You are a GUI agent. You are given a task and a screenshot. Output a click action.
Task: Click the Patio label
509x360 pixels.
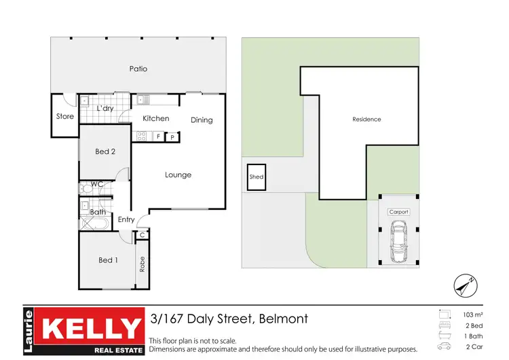pyautogui.click(x=138, y=69)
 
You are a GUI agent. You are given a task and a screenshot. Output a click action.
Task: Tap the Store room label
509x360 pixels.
pyautogui.click(x=64, y=116)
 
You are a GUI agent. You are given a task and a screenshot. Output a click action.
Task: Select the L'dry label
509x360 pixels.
pyautogui.click(x=105, y=109)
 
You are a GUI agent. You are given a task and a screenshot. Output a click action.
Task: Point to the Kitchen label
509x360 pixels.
pyautogui.click(x=155, y=118)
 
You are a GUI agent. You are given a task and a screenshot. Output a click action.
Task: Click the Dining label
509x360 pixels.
pyautogui.click(x=202, y=120)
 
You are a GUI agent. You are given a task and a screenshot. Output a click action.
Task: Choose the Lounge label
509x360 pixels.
pyautogui.click(x=178, y=175)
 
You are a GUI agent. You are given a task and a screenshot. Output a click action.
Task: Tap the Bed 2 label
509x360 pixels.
pyautogui.click(x=105, y=151)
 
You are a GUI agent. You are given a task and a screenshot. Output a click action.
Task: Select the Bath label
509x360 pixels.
pyautogui.click(x=97, y=212)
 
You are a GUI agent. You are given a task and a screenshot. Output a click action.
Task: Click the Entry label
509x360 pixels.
pyautogui.click(x=126, y=219)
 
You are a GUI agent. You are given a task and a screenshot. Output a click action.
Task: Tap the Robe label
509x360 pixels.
pyautogui.click(x=142, y=264)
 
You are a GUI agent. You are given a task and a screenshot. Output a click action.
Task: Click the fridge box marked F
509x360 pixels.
pyautogui.click(x=158, y=137)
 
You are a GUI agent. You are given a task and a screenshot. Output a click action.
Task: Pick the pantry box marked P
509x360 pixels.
pyautogui.click(x=172, y=137)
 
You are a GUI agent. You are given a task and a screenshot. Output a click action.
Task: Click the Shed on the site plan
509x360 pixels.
pyautogui.click(x=257, y=177)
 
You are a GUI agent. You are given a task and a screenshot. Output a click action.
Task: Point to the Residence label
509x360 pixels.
pyautogui.click(x=366, y=120)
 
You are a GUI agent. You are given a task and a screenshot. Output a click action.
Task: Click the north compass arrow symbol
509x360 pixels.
pyautogui.click(x=463, y=285)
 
